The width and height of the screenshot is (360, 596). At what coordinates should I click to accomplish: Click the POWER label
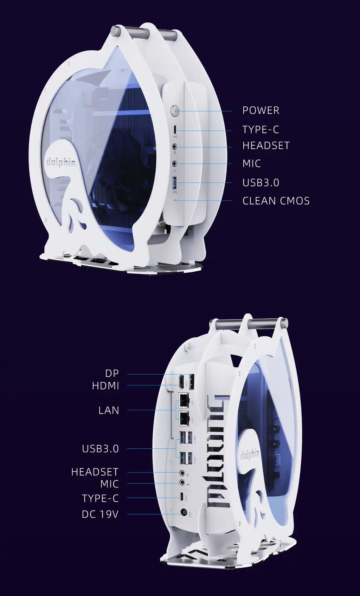(x=261, y=110)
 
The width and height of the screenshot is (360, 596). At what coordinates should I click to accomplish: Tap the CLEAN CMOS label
(x=276, y=201)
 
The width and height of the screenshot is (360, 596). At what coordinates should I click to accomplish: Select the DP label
(x=112, y=373)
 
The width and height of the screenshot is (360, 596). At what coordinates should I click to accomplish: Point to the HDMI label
(x=105, y=386)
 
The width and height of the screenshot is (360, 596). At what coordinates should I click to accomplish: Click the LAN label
(x=109, y=410)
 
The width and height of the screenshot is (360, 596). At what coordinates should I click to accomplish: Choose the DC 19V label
(x=100, y=514)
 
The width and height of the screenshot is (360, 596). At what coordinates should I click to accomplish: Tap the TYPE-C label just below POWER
(x=261, y=130)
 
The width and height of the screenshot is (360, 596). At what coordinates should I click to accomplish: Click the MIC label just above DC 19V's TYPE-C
(x=109, y=484)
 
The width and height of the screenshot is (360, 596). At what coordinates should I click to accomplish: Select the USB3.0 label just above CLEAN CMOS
(x=261, y=183)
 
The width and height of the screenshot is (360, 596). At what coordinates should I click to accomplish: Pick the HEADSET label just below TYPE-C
(x=266, y=145)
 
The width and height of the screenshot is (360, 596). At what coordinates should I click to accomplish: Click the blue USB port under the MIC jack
(x=175, y=183)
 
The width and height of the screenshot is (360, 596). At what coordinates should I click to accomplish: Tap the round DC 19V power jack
(x=184, y=513)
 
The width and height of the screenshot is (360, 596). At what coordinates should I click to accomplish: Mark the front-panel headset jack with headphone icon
(x=174, y=146)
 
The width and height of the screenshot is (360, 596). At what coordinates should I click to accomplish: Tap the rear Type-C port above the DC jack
(x=181, y=497)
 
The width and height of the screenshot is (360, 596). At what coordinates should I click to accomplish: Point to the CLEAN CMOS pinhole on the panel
(x=176, y=201)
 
